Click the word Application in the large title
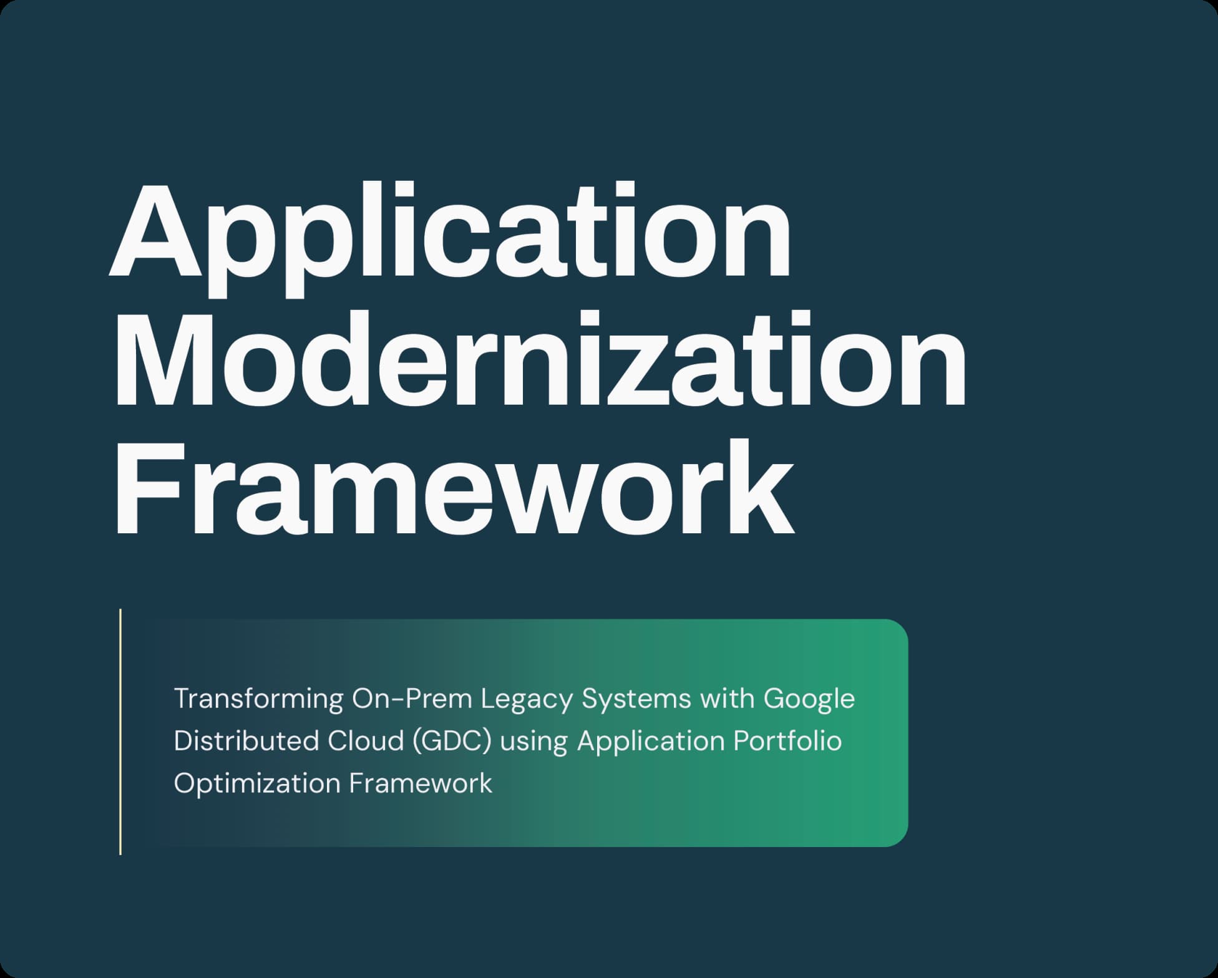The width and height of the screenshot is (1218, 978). coord(451,240)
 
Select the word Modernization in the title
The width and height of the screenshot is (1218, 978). coord(540,360)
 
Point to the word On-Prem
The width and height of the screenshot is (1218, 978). coord(412,699)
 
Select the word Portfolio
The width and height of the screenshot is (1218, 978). coord(788,741)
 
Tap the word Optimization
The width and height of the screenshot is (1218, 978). coord(257,784)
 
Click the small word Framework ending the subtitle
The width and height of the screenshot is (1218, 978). coord(421,783)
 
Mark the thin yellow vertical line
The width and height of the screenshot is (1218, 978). coord(120,732)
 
